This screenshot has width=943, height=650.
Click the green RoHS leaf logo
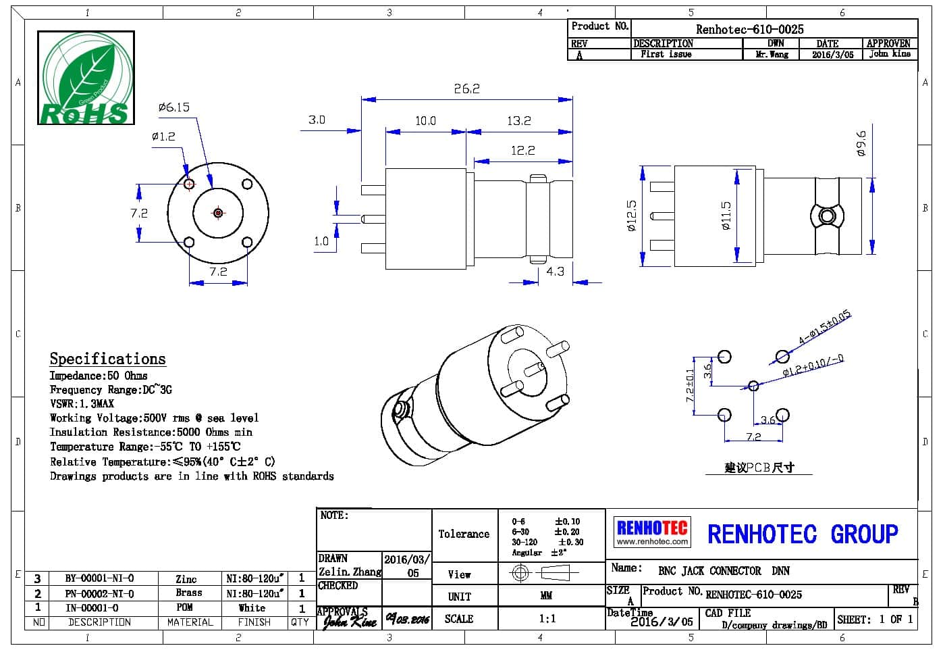click(x=86, y=78)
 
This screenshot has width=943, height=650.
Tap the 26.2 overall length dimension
click(x=466, y=89)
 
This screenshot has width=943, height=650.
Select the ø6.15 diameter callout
click(x=174, y=107)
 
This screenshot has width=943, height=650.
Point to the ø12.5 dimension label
click(x=632, y=216)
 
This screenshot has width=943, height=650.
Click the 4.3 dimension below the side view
click(x=555, y=272)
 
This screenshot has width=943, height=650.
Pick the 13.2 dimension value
click(x=518, y=121)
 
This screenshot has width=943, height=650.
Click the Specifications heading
click(x=107, y=359)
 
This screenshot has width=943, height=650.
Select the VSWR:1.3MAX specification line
click(x=82, y=404)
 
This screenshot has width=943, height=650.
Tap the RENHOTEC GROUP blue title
click(x=803, y=534)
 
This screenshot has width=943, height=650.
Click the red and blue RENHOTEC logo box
click(x=652, y=532)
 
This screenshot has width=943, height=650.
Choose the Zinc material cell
click(x=186, y=579)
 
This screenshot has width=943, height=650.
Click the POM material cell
click(x=184, y=607)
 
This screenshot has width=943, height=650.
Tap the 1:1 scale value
click(x=547, y=618)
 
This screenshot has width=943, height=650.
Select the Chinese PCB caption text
click(x=759, y=467)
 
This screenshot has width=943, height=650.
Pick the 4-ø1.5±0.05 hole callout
click(x=824, y=328)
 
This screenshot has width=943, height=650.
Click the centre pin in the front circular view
click(x=218, y=213)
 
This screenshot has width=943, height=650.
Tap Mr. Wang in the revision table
click(x=772, y=54)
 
